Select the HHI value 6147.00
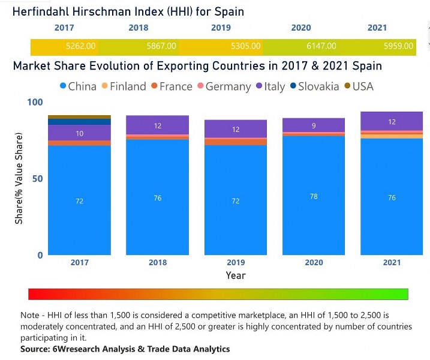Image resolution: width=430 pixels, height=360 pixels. [321, 46]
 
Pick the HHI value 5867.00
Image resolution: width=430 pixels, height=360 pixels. [161, 46]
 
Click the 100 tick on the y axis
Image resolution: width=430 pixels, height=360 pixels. [37, 103]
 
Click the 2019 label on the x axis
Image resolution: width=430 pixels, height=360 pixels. [235, 263]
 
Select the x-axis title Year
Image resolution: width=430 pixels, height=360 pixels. [235, 275]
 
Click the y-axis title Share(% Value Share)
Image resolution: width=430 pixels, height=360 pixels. [19, 179]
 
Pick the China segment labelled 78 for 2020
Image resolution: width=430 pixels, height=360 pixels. [314, 197]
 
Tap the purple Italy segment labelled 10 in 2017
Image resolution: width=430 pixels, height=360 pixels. [79, 133]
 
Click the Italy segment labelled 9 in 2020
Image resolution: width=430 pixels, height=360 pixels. [314, 125]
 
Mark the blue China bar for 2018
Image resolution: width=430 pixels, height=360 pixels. [157, 198]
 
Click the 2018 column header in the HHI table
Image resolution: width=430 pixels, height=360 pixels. [139, 28]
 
